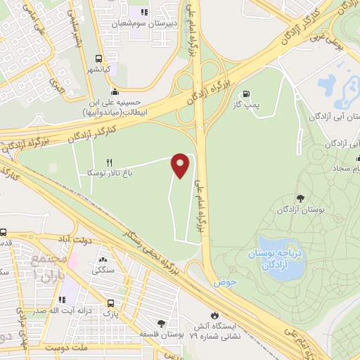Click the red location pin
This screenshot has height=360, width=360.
tap(181, 165)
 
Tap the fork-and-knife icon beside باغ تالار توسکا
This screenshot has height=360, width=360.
tap(109, 162)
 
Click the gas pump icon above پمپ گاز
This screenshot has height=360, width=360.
tap(245, 94)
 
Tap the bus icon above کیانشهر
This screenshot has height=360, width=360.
tap(98, 59)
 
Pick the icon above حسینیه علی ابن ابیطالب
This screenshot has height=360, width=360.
tap(115, 91)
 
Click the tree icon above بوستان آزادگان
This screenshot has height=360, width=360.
tap(301, 198)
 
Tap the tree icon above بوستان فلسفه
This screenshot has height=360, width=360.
tap(161, 323)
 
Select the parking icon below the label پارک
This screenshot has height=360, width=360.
tap(110, 304)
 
